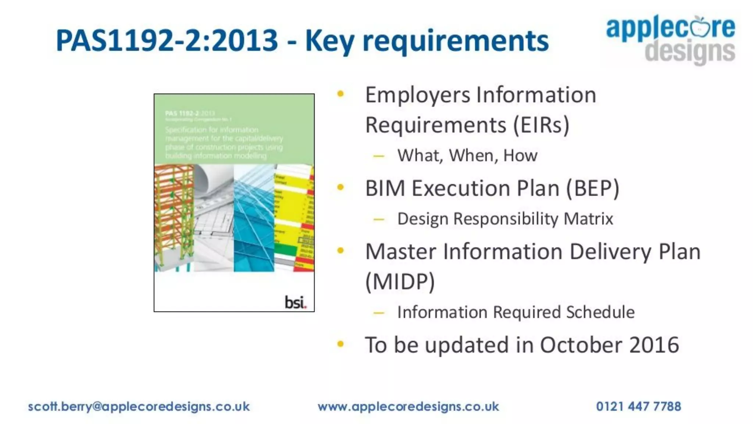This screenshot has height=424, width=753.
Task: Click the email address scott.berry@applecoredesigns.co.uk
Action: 139,406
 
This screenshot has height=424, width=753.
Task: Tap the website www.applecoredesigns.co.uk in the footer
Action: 408,406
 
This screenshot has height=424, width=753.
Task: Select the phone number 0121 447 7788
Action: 638,406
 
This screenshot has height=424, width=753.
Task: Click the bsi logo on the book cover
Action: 295,302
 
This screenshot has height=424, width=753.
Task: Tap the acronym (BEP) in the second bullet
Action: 592,188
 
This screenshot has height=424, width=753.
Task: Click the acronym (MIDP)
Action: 400,282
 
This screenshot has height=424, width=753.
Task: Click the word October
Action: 581,345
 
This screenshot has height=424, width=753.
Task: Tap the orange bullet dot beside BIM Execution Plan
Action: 340,187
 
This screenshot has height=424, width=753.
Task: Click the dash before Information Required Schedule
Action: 378,313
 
